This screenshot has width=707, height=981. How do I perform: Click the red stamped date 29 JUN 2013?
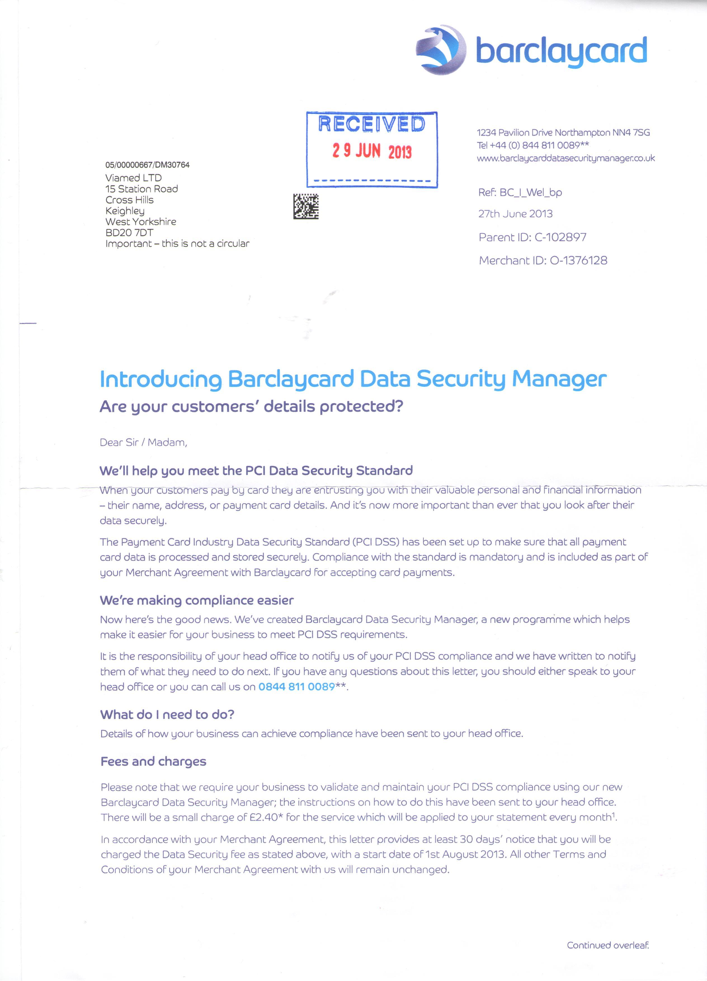pyautogui.click(x=372, y=151)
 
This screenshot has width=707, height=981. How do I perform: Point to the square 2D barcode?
pyautogui.click(x=306, y=206)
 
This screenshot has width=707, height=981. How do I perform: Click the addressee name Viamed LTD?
pyautogui.click(x=134, y=178)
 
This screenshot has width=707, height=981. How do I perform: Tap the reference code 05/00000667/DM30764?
pyautogui.click(x=147, y=165)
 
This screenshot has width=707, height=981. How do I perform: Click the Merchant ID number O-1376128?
pyautogui.click(x=578, y=260)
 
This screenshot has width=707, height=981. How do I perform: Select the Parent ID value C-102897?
pyautogui.click(x=560, y=237)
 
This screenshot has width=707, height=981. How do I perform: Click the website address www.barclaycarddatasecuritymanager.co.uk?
pyautogui.click(x=565, y=158)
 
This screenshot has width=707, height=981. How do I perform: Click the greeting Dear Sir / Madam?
pyautogui.click(x=143, y=443)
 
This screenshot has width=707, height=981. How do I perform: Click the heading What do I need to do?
pyautogui.click(x=167, y=714)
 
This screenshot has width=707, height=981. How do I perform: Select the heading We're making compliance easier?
pyautogui.click(x=197, y=600)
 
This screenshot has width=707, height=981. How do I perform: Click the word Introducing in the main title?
pyautogui.click(x=161, y=379)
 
